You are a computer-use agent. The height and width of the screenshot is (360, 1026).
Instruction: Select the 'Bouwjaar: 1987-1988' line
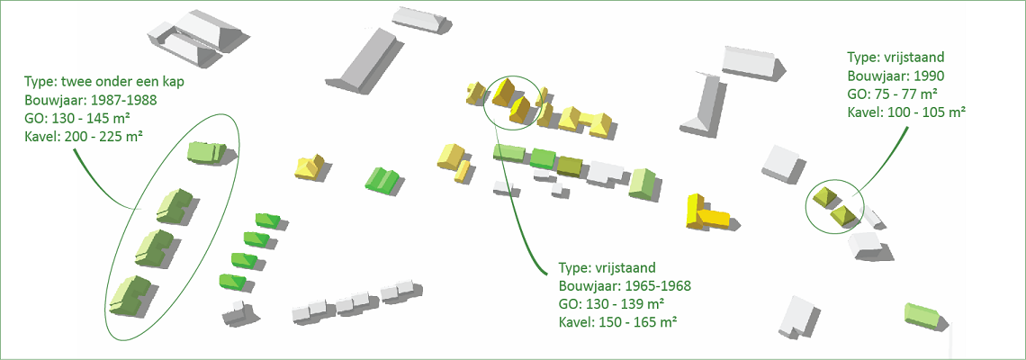point(91,101)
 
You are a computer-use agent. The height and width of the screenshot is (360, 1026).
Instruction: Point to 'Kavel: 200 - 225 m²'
point(85,137)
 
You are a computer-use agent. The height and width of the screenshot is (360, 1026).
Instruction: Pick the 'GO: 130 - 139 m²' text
point(611,304)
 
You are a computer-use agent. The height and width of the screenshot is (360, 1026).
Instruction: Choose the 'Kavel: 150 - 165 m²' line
point(617,322)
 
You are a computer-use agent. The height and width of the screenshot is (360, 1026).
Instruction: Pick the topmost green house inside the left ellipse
point(206,151)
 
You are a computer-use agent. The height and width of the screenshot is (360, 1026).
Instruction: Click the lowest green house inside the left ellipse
point(130,294)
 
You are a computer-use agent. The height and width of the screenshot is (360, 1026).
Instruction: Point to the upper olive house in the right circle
point(823,198)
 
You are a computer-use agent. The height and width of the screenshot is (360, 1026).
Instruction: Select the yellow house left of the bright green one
point(311,166)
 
